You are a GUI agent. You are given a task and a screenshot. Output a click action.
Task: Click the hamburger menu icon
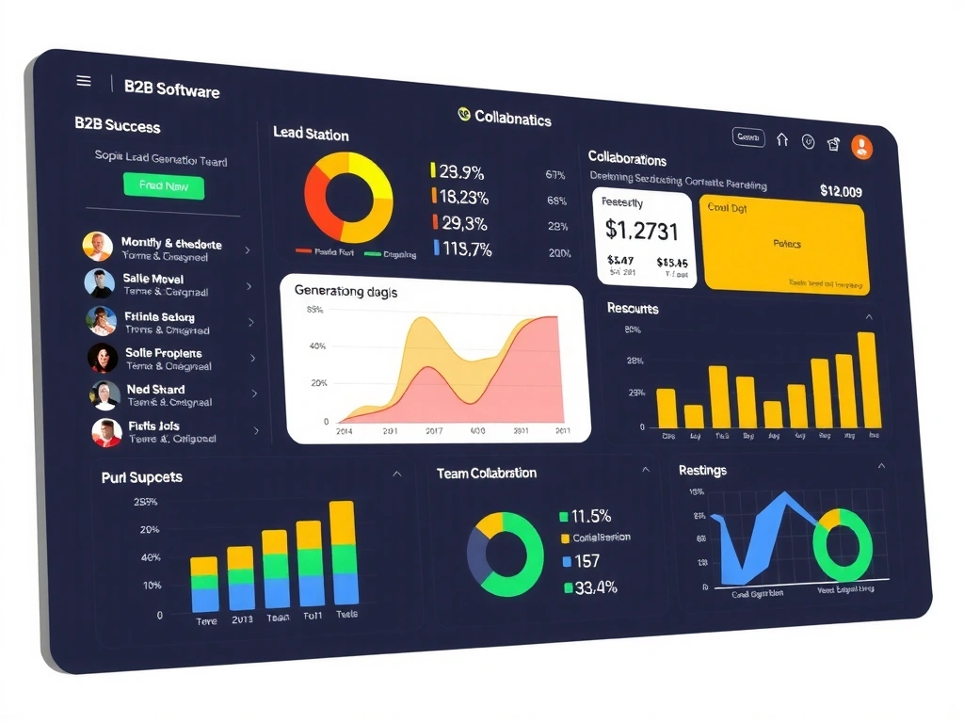[x=84, y=81]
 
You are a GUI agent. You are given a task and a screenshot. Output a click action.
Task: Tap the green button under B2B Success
[x=164, y=185]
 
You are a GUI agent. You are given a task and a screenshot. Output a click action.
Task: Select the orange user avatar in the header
[x=861, y=146]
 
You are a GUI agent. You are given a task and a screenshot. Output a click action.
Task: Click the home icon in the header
[x=782, y=140]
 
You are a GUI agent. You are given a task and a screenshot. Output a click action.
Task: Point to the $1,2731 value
[x=642, y=229]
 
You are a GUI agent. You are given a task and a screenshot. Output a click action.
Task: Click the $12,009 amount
[x=841, y=191]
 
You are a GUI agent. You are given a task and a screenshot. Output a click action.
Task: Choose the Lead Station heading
[x=311, y=134]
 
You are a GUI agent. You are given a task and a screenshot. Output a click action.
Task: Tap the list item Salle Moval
[x=153, y=279]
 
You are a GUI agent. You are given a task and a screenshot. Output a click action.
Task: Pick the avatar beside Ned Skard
[x=104, y=394]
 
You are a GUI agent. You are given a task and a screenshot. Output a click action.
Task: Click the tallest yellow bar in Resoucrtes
[x=867, y=379]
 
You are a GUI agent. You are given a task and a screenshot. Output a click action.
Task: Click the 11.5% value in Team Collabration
[x=591, y=516]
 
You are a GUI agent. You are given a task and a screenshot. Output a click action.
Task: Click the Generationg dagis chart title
[x=345, y=292]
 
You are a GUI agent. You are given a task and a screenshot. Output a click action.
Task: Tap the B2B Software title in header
[x=171, y=89]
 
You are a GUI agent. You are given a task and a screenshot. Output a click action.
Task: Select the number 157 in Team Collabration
[x=586, y=561]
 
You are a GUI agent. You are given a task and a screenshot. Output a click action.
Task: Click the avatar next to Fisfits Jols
[x=106, y=432]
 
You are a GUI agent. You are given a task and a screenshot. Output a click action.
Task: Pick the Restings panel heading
[x=702, y=470]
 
